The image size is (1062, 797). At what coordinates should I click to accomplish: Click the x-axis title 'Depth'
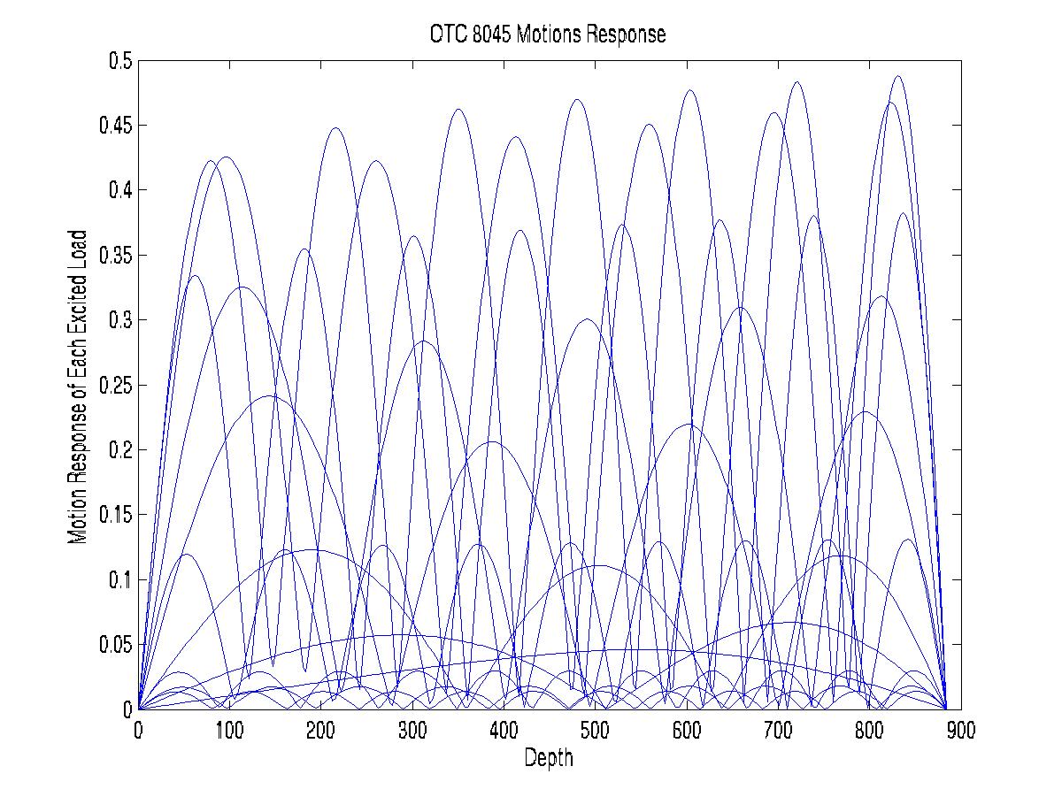tap(549, 757)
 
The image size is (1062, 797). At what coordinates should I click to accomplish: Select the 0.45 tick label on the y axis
tap(115, 126)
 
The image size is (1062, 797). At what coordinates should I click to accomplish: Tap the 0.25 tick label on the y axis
tap(115, 385)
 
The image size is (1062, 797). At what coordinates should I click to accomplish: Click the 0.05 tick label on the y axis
tap(115, 644)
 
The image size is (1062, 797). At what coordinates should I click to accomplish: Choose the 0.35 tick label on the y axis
tap(115, 256)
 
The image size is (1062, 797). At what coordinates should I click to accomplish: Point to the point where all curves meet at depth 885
tap(947, 708)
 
